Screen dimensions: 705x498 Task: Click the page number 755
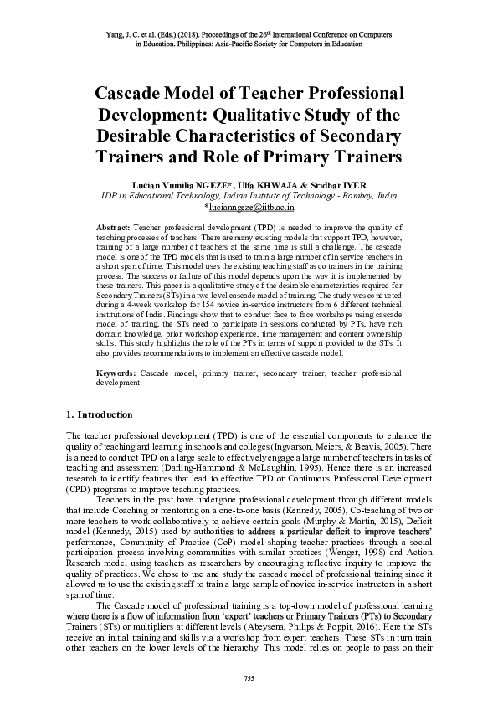pyautogui.click(x=248, y=677)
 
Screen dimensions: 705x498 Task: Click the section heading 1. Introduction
pyautogui.click(x=99, y=414)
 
